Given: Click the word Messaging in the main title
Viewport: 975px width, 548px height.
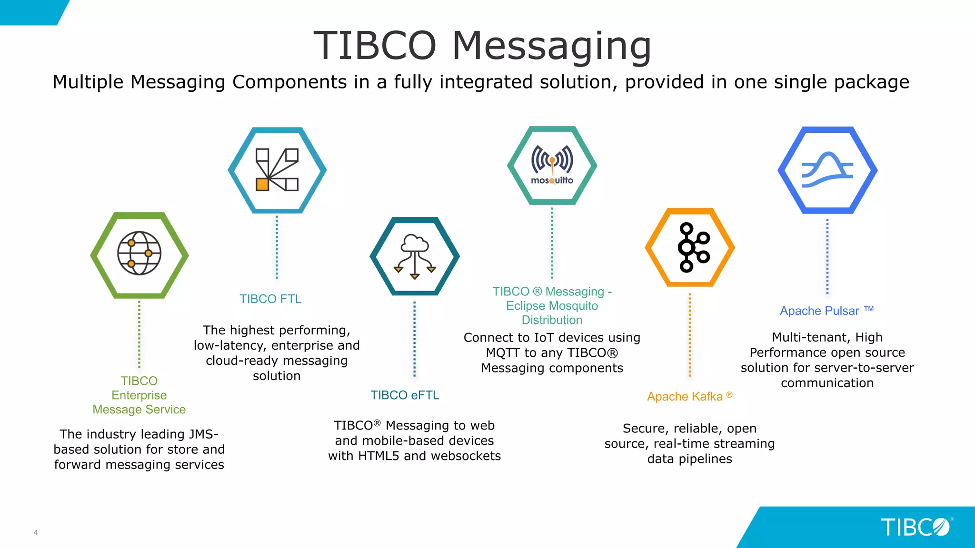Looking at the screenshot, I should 551,46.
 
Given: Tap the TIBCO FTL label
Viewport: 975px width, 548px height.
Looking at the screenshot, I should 270,299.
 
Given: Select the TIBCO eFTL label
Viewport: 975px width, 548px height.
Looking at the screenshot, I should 405,395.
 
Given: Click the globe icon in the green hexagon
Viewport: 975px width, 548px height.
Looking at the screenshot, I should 139,253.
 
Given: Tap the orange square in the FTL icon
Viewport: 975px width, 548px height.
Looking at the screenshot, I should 262,185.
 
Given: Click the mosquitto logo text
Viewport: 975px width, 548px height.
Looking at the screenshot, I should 552,180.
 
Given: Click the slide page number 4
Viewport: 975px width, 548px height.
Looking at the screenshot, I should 36,532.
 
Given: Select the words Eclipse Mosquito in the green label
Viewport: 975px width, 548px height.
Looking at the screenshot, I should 552,306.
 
